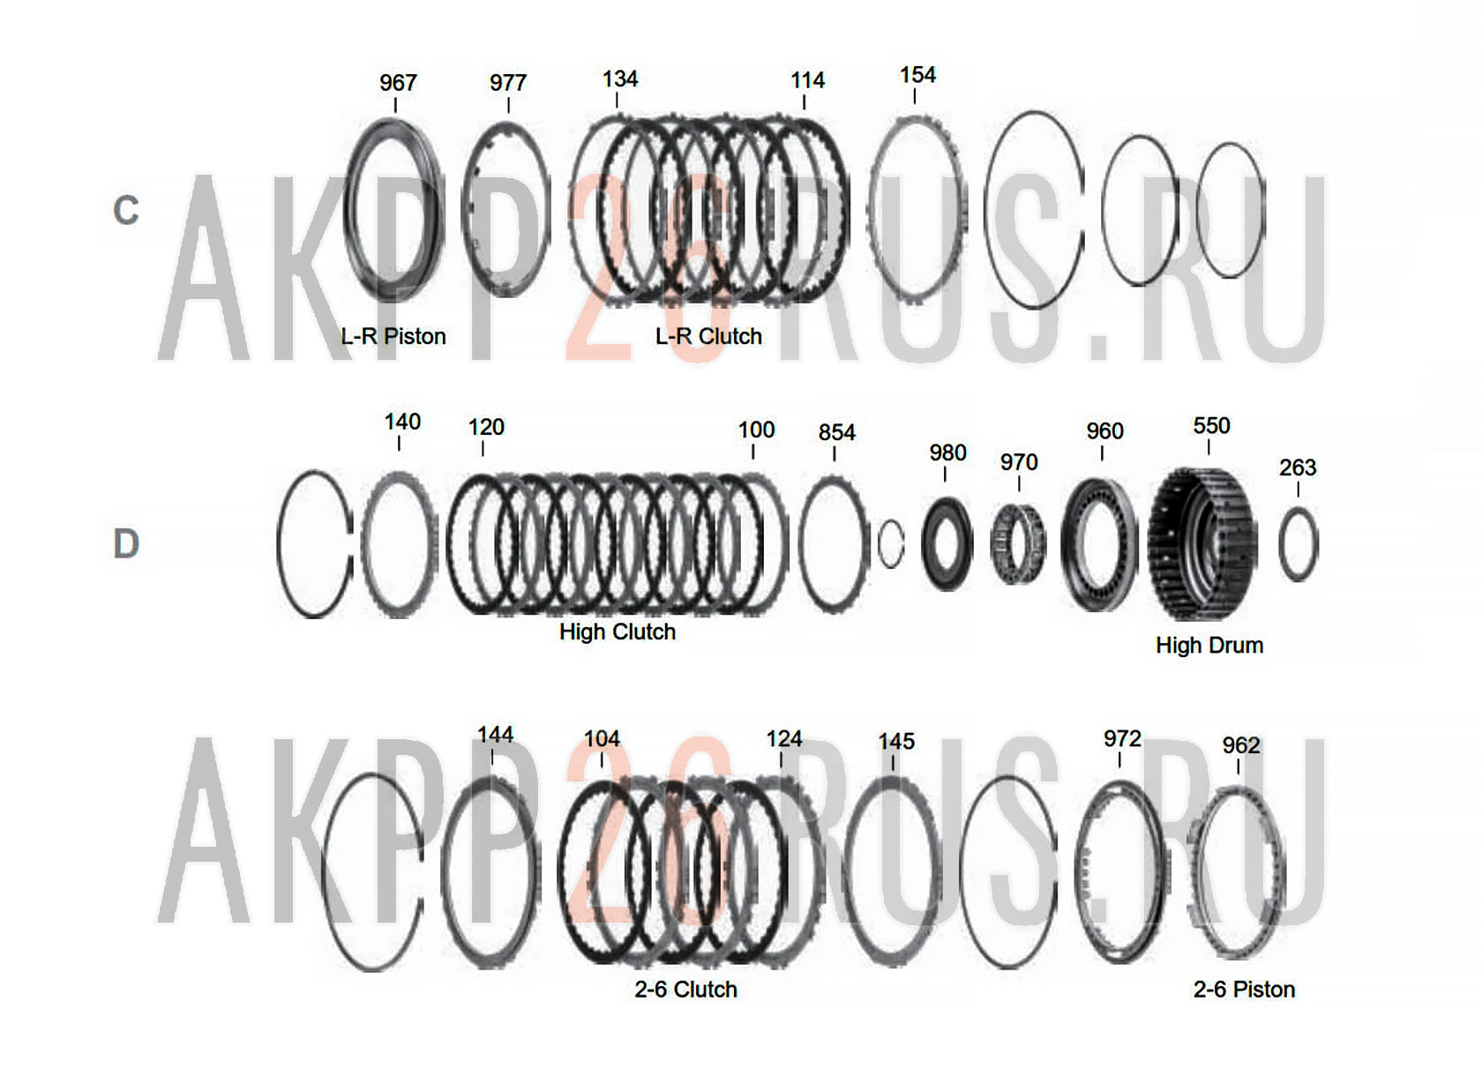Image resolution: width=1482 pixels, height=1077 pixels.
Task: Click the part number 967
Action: coord(398,83)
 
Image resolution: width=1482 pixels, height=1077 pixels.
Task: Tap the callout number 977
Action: coord(508,83)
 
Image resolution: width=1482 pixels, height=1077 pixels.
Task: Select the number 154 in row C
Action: coord(917,75)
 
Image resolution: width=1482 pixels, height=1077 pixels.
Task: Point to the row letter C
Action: coord(125,211)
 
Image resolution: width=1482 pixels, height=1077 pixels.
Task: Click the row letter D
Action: coord(125,543)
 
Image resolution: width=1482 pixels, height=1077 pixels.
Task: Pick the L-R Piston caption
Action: coord(393,336)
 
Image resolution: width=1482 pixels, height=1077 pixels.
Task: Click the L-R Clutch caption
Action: coord(708,336)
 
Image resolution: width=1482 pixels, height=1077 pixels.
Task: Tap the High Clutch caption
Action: coord(617,632)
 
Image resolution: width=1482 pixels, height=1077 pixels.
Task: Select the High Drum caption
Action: coord(1209,645)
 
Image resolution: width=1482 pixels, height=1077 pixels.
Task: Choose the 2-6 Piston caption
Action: coord(1244,989)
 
